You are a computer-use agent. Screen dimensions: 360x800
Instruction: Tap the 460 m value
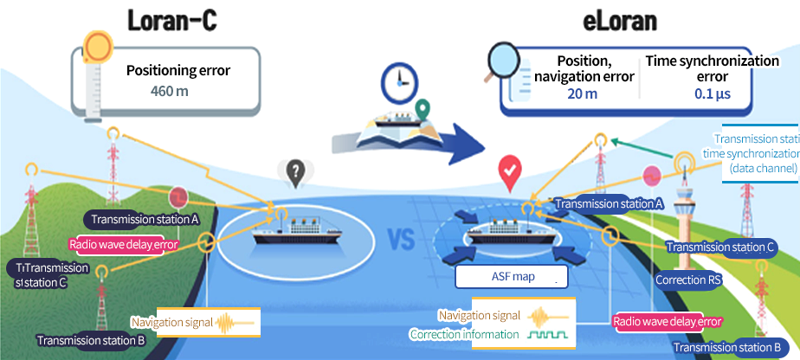click(170, 91)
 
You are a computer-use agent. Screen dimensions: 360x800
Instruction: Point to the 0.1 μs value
click(713, 93)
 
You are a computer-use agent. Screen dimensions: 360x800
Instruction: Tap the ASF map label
click(510, 277)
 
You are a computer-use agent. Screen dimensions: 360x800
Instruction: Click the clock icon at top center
click(397, 79)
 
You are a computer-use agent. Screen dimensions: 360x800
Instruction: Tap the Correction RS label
click(687, 280)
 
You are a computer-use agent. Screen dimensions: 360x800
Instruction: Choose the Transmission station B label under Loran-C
click(90, 340)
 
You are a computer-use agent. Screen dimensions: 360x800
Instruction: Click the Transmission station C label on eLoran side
click(719, 247)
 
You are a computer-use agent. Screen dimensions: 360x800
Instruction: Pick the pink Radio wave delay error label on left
click(123, 244)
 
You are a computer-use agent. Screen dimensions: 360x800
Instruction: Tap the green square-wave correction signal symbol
click(537, 334)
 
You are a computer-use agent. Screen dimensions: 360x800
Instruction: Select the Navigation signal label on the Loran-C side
click(171, 323)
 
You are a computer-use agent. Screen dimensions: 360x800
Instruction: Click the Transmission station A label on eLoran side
click(609, 204)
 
